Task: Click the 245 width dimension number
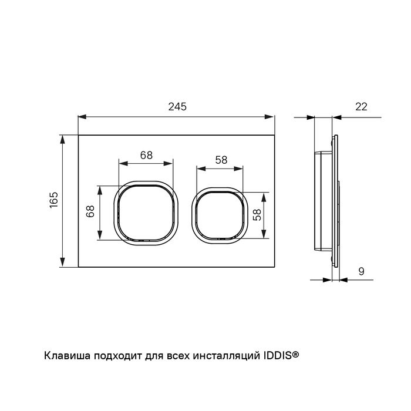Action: (x=177, y=107)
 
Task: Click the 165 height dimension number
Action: (x=54, y=200)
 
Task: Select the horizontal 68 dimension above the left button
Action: (x=146, y=155)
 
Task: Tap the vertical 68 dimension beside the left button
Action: (x=90, y=211)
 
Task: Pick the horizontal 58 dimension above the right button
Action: (x=221, y=160)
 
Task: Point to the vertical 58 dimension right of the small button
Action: (x=257, y=215)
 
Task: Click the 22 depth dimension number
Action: (x=361, y=107)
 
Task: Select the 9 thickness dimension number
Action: (x=361, y=271)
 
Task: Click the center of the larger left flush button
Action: (x=146, y=213)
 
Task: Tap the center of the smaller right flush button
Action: (x=220, y=215)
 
